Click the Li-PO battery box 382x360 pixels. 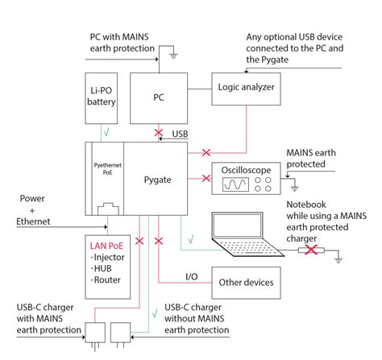click(101, 98)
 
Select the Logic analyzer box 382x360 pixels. click(246, 89)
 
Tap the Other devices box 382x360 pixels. click(246, 283)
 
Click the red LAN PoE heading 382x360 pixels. click(106, 246)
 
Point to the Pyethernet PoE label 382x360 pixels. click(107, 168)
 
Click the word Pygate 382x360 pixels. click(157, 180)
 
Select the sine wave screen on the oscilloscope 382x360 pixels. click(235, 184)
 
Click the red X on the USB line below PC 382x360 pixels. click(159, 132)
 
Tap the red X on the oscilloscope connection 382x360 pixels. click(206, 178)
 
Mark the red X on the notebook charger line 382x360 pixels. click(311, 250)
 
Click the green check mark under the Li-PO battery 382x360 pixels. click(106, 132)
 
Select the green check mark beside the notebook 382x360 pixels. click(191, 239)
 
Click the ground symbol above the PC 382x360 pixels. click(173, 56)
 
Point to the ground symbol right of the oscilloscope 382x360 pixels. click(295, 188)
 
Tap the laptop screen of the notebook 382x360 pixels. click(237, 226)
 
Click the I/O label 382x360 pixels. click(192, 276)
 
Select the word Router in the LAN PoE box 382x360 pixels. click(107, 280)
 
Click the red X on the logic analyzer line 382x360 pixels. click(206, 153)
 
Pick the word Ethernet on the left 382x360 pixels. click(33, 221)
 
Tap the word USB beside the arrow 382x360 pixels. click(180, 134)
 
